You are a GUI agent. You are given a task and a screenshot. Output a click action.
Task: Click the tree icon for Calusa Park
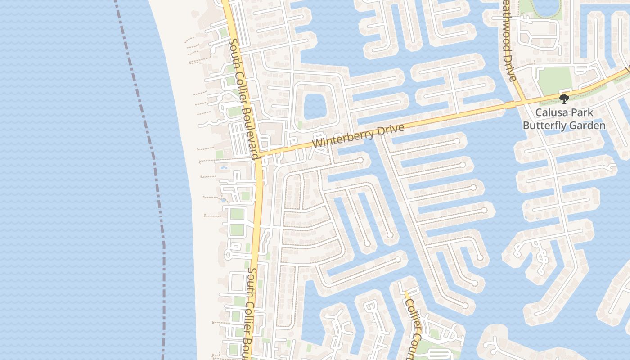(564, 99)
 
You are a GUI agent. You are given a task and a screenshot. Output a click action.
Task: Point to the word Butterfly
(544, 126)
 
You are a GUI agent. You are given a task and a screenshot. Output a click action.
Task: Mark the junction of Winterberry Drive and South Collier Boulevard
(258, 156)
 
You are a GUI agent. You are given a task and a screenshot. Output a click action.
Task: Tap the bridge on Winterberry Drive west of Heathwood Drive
(509, 105)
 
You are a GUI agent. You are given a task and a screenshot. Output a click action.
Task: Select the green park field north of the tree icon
(554, 80)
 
